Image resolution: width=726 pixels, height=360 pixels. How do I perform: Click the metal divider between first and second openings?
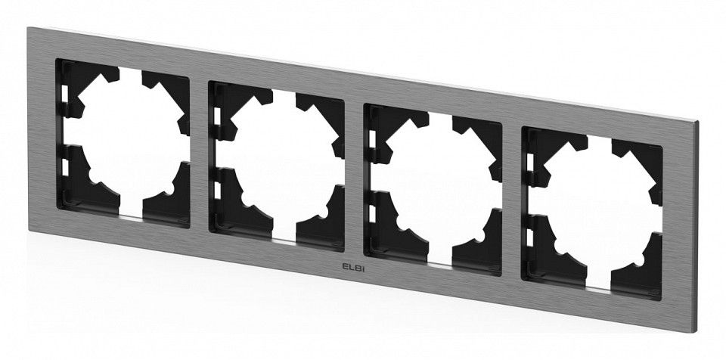(199, 156)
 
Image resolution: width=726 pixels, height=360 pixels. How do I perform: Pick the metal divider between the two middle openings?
(355, 178)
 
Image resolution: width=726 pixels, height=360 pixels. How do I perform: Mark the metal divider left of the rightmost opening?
(512, 201)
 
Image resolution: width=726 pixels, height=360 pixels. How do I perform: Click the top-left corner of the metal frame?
(27, 27)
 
